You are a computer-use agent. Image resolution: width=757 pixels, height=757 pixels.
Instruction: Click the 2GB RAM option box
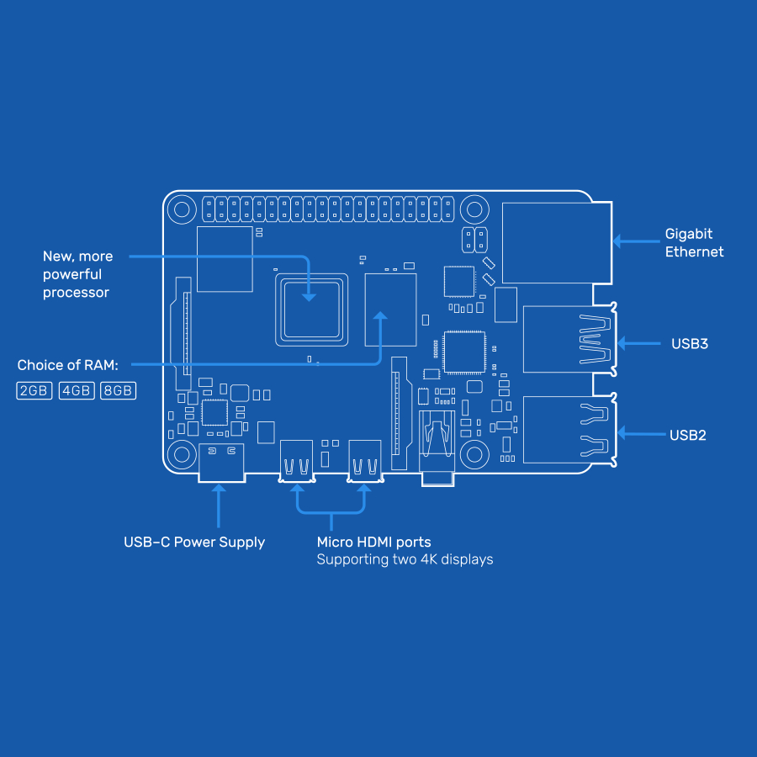tap(34, 391)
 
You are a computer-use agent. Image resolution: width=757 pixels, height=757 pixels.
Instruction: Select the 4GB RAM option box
tap(77, 391)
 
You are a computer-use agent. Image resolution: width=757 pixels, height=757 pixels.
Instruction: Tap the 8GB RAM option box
tap(118, 391)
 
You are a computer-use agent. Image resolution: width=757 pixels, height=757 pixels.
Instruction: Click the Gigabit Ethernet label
tap(694, 242)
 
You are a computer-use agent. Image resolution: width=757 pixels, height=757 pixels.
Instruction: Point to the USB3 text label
tap(690, 343)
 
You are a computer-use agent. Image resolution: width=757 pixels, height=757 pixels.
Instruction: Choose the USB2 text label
tap(688, 435)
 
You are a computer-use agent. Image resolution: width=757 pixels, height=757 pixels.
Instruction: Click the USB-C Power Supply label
tap(194, 543)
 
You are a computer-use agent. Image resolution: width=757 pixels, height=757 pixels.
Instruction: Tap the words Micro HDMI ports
tap(373, 543)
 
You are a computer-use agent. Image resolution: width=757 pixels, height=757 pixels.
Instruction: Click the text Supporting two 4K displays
tap(405, 559)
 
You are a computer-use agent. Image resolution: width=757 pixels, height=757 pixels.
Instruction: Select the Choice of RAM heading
tap(68, 365)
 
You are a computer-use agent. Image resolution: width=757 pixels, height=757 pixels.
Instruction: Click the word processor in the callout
tap(76, 293)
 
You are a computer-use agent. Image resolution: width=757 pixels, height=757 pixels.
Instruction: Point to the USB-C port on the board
tap(222, 462)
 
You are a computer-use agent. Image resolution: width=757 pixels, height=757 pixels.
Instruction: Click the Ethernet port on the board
tap(555, 242)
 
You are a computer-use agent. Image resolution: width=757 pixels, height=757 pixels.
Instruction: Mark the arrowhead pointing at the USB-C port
tap(218, 490)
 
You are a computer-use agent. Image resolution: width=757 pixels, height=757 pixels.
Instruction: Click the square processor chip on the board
tap(311, 309)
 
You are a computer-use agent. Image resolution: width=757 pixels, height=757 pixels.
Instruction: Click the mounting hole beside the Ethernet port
tap(474, 209)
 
